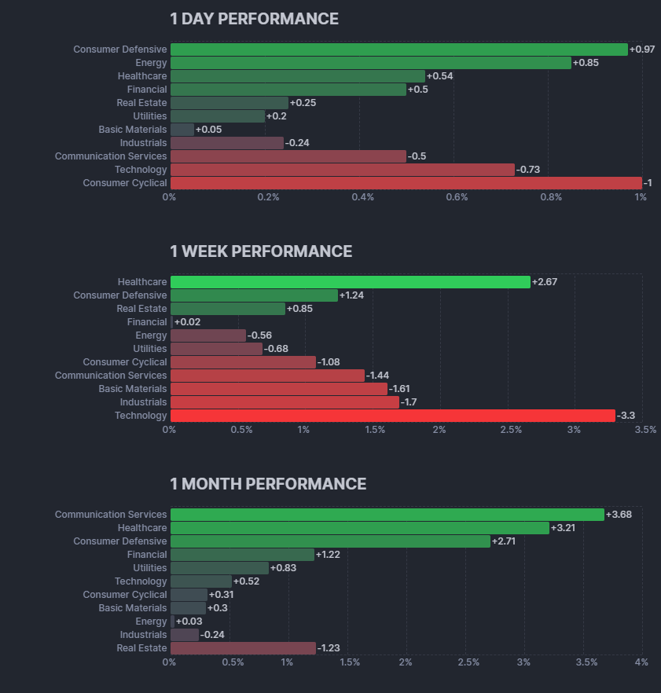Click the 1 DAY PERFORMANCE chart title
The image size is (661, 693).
(x=254, y=19)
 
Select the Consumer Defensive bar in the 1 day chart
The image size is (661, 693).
(x=398, y=49)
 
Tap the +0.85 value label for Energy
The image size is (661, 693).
(x=586, y=63)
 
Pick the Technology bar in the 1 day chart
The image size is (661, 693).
(x=342, y=170)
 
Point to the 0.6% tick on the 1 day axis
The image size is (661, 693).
(x=457, y=197)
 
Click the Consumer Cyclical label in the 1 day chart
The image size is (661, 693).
(x=125, y=183)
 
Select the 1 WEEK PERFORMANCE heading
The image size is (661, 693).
(x=261, y=251)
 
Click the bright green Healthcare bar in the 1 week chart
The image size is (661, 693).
(x=350, y=282)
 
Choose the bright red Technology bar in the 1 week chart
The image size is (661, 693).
(x=392, y=416)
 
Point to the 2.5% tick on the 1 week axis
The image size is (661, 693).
(x=511, y=430)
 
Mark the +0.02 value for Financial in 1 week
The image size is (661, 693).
(x=187, y=322)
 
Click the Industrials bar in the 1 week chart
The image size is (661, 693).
(x=285, y=402)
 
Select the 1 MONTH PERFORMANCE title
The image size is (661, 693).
(x=268, y=484)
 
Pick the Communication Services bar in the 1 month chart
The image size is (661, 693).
(x=387, y=515)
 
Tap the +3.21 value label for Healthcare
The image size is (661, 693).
(x=564, y=528)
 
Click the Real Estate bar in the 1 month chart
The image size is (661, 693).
(x=243, y=648)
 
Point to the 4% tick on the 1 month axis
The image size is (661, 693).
(x=642, y=662)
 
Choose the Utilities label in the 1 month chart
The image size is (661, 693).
(x=149, y=568)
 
